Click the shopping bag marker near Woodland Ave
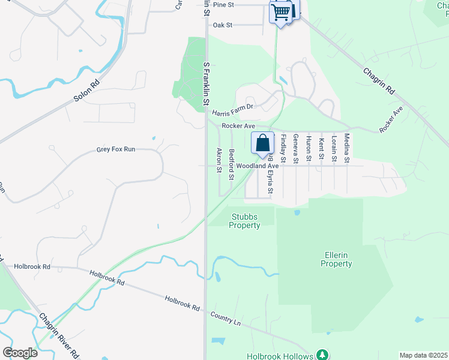point(262,143)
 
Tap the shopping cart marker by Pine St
point(282,12)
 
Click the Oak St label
point(223,25)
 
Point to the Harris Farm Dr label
point(234,107)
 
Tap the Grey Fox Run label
point(115,149)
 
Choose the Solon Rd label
point(86,90)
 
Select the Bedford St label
point(232,164)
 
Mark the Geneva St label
point(295,149)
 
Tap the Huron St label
point(309,148)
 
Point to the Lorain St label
point(334,148)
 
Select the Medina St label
point(346,148)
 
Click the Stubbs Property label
point(245,221)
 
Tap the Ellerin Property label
point(336,259)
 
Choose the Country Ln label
point(225,319)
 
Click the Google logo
point(20,353)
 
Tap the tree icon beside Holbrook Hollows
point(322,355)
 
